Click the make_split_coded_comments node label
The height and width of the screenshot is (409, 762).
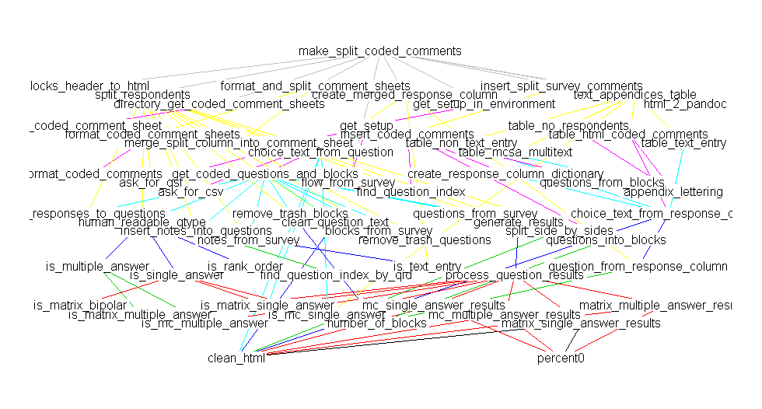click(379, 51)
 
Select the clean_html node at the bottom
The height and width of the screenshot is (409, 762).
click(237, 358)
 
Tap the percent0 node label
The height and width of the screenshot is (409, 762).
click(560, 358)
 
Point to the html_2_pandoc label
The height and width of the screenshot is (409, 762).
click(684, 104)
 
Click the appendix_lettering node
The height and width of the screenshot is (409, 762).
click(673, 191)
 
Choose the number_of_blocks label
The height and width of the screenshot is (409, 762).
click(376, 323)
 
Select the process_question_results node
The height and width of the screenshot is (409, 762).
click(514, 274)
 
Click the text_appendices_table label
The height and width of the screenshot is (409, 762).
click(634, 95)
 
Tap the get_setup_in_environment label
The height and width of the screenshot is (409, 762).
click(484, 104)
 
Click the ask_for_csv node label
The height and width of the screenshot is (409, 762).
click(190, 191)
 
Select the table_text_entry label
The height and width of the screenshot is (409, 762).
click(683, 143)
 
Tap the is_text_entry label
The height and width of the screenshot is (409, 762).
click(427, 267)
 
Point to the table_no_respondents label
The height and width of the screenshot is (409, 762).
click(568, 125)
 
